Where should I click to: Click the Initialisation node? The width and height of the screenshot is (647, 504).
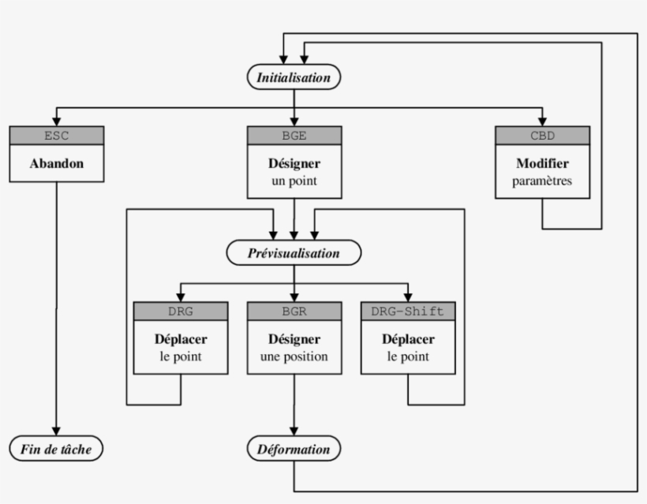(294, 77)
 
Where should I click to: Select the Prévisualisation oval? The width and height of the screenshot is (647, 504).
(294, 253)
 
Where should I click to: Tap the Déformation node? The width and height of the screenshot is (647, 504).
(294, 450)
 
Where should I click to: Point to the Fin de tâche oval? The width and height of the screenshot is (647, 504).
(56, 450)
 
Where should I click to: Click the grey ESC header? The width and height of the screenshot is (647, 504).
(56, 135)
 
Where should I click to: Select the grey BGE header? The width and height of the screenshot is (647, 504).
(294, 135)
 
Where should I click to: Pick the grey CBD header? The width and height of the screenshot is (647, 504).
(542, 135)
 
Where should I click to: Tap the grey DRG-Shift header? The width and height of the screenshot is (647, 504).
(408, 311)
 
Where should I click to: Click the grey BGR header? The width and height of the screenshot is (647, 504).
(294, 311)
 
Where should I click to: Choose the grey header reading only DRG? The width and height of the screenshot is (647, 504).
(181, 311)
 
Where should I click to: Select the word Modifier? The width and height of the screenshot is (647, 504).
(542, 164)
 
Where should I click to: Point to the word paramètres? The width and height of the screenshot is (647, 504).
(542, 181)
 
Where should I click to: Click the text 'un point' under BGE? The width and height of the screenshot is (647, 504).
(294, 181)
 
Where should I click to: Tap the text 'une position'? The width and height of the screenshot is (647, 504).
(294, 357)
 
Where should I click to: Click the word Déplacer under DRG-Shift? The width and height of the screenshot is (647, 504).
(408, 340)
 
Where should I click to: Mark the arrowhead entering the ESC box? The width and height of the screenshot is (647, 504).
(56, 120)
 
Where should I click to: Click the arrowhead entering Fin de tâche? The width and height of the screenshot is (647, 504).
(56, 431)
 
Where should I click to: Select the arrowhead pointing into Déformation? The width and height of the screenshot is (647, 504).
(294, 431)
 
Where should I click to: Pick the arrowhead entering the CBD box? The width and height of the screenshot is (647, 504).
(542, 120)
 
